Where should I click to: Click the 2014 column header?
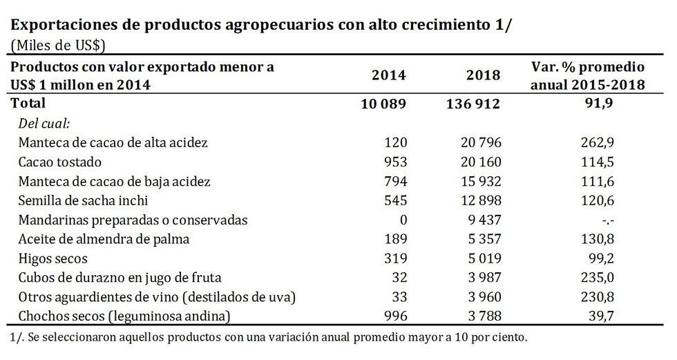coord(390,75)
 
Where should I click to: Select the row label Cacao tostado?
coord(61,162)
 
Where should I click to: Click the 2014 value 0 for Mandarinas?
coord(404,220)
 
